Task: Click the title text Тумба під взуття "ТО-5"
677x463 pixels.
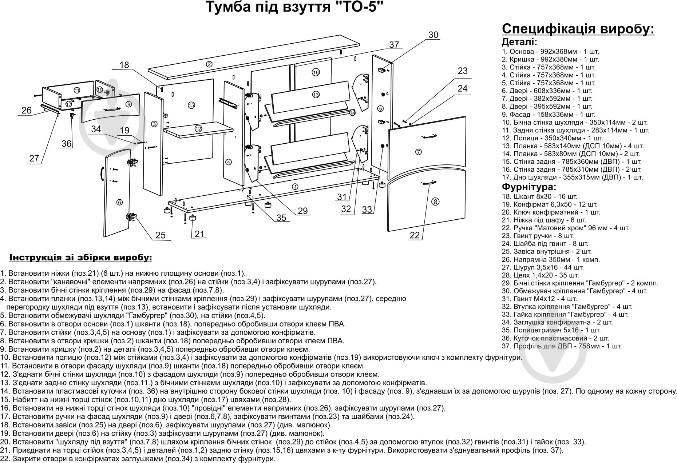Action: click(x=295, y=8)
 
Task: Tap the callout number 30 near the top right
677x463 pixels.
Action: click(x=433, y=35)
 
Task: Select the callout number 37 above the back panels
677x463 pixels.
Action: click(x=394, y=45)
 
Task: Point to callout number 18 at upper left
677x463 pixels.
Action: click(x=124, y=65)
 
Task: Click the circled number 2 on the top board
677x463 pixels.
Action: click(x=209, y=64)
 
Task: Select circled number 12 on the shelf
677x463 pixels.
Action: click(x=198, y=128)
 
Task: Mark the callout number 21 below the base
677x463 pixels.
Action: click(x=199, y=234)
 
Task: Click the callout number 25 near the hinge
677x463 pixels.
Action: click(x=161, y=235)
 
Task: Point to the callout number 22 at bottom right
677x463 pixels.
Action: click(x=415, y=235)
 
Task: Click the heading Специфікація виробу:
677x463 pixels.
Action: click(x=578, y=29)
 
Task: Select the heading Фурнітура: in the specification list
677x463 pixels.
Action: click(x=528, y=187)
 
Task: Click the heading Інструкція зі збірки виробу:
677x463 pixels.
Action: click(x=80, y=258)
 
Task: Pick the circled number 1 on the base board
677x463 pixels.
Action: click(x=295, y=187)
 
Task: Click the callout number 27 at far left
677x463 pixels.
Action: click(x=34, y=158)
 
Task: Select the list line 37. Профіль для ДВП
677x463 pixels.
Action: click(x=562, y=346)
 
